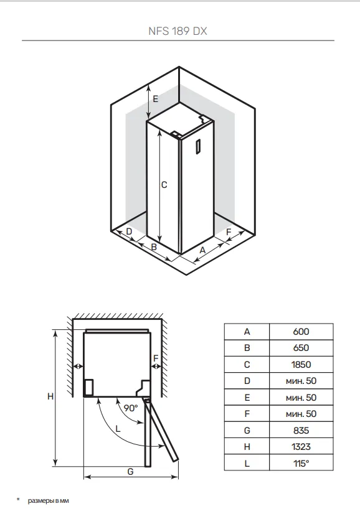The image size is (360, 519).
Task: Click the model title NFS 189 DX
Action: [x=178, y=31]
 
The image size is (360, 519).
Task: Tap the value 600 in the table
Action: [x=301, y=332]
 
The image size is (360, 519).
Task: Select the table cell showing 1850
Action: [x=301, y=365]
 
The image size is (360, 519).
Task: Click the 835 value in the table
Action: [x=301, y=430]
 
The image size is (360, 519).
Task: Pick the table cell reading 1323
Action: [x=301, y=447]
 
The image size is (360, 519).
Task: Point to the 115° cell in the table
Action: [x=301, y=464]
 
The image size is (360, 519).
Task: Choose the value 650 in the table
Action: [x=301, y=348]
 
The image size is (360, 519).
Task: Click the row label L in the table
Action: [x=247, y=464]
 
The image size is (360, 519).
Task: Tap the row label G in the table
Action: [x=247, y=430]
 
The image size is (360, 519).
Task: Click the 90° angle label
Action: [x=131, y=408]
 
